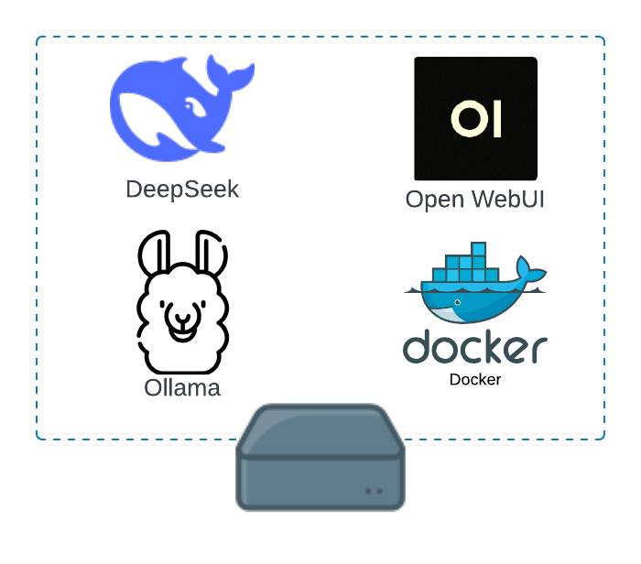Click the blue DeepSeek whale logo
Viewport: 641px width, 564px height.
174,105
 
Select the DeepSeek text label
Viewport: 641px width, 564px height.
182,190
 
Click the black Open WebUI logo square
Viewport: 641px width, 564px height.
475,119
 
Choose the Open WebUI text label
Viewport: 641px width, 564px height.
475,200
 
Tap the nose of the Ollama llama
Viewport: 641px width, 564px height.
183,320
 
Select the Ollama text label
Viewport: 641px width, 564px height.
182,388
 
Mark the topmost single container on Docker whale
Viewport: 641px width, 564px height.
478,249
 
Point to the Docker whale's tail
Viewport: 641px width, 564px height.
528,270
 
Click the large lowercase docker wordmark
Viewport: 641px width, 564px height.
475,349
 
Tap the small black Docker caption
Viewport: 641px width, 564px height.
475,379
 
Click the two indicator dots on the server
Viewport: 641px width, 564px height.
375,491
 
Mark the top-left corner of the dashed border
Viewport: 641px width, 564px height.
38,38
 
